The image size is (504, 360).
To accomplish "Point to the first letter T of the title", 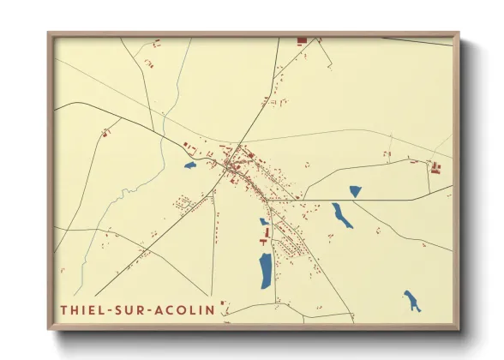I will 64,309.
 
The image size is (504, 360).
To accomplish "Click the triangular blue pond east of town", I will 355,192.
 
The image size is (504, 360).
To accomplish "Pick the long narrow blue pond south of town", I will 266,270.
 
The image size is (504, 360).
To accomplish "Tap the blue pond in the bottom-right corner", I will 412,301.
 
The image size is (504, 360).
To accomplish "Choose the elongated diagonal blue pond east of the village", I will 342,215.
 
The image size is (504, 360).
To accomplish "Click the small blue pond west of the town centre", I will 189,165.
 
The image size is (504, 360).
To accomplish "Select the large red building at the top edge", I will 302,40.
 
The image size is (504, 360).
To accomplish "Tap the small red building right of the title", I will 222,303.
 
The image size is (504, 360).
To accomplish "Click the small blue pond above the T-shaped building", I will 264,221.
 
